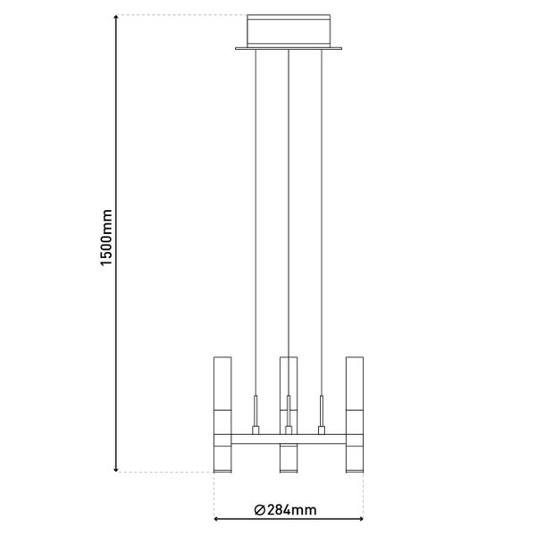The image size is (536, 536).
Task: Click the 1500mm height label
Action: [106, 239]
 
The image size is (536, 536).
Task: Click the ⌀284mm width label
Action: [285, 510]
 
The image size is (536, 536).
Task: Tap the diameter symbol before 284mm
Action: [259, 510]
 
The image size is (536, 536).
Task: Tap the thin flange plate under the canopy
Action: [289, 49]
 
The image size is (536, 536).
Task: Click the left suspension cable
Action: [255, 223]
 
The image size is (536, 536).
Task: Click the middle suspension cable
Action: [289, 223]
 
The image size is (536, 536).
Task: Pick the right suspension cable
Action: [322, 223]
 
